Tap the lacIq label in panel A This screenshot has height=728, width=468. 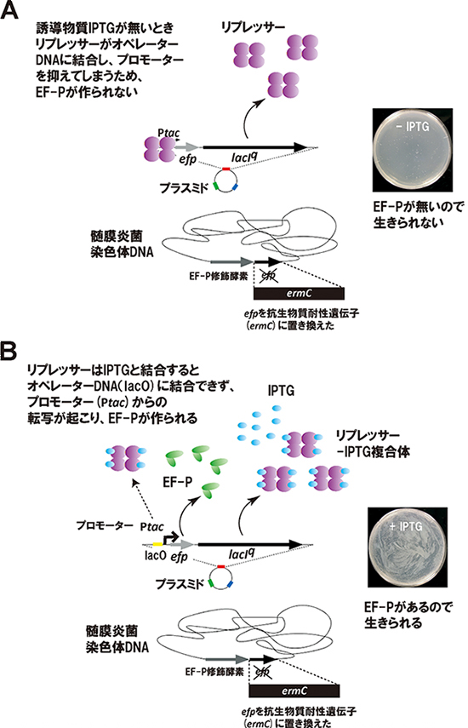251,158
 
